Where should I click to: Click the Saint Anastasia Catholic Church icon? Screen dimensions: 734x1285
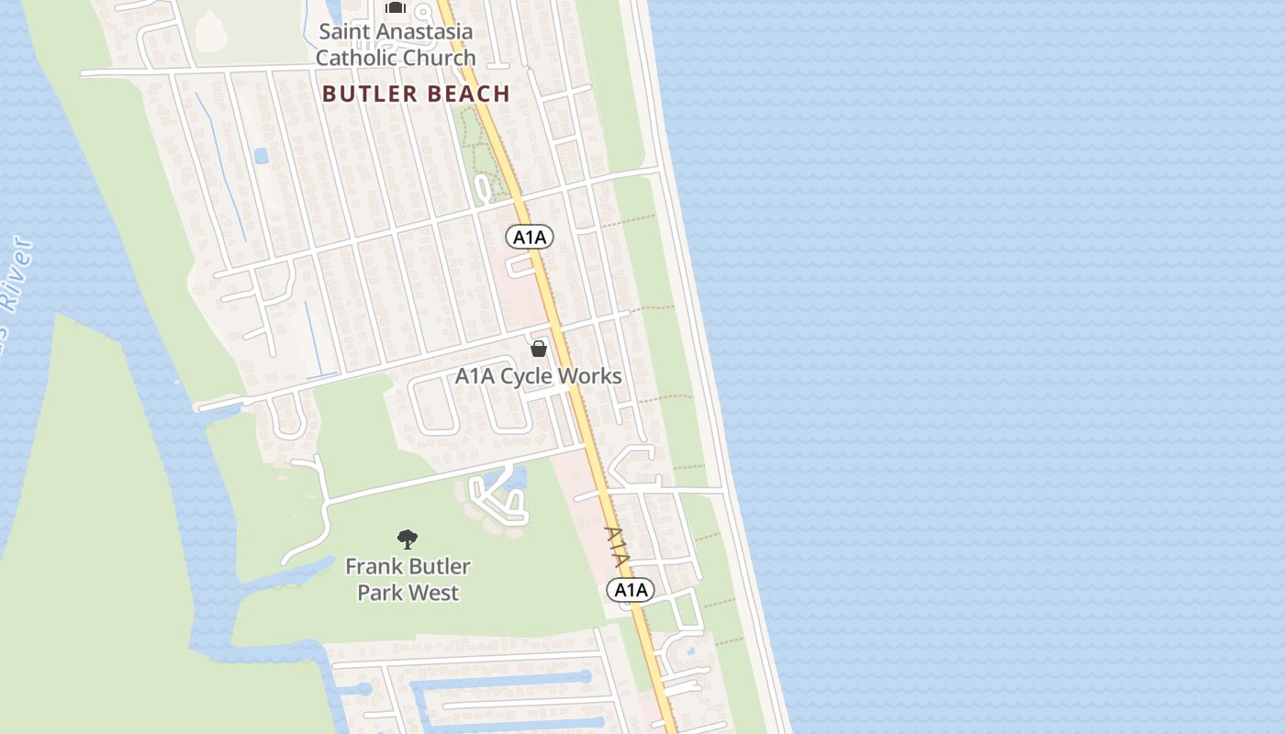tap(396, 7)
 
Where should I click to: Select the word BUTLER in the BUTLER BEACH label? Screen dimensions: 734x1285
tap(371, 94)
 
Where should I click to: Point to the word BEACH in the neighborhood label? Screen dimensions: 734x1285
tap(468, 94)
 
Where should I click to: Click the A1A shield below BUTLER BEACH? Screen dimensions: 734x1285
tap(530, 238)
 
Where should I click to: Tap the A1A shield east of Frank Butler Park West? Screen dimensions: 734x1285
tap(631, 590)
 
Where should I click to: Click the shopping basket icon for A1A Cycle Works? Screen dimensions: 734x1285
tap(539, 349)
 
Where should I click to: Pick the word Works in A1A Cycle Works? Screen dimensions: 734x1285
tap(591, 376)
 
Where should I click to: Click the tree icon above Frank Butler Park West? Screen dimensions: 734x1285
tap(408, 539)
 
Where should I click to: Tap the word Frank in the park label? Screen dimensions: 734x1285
tap(370, 566)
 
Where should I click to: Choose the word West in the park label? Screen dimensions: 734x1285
tap(436, 593)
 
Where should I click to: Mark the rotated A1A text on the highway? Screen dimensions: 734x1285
tap(617, 546)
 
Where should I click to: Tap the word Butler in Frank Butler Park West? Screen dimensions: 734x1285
tap(436, 566)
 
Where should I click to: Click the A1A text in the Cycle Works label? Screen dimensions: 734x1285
tap(475, 376)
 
